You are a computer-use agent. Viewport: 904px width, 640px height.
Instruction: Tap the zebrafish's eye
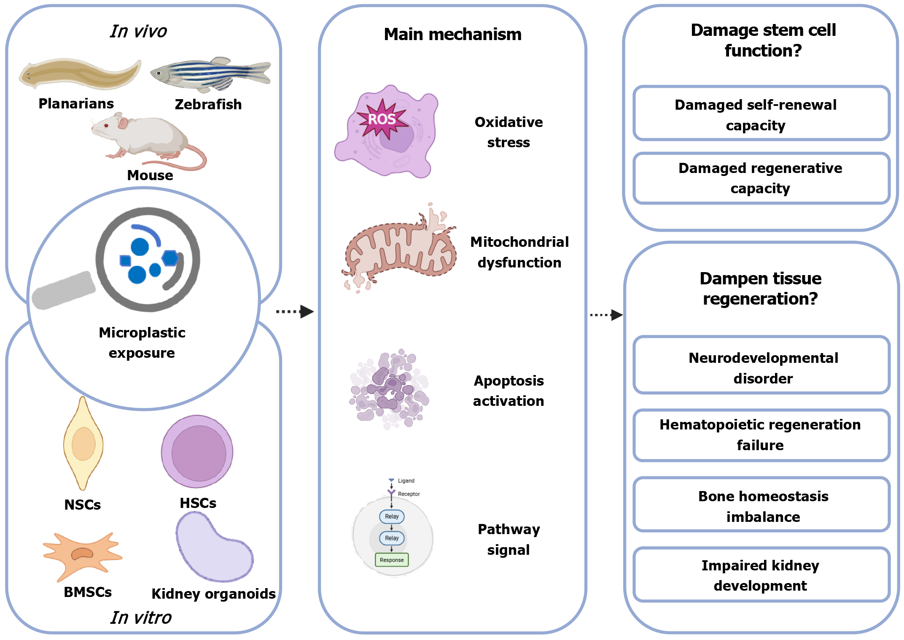click(x=159, y=73)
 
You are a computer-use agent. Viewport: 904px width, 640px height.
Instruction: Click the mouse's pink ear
click(x=123, y=123)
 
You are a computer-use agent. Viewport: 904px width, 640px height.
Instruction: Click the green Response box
click(x=392, y=560)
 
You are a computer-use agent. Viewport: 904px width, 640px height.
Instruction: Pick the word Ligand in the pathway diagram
click(x=406, y=481)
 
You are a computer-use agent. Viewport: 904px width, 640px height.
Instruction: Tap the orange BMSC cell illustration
click(x=82, y=555)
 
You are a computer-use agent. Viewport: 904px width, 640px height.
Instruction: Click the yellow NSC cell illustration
click(x=83, y=443)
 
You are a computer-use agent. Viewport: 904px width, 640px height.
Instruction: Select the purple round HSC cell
click(x=197, y=452)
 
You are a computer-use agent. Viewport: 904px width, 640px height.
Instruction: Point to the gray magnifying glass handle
click(x=64, y=291)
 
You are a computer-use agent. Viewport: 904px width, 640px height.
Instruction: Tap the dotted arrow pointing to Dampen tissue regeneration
click(x=606, y=315)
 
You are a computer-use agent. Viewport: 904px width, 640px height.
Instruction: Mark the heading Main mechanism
click(x=452, y=35)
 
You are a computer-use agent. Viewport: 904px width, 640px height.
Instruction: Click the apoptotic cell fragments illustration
click(x=389, y=389)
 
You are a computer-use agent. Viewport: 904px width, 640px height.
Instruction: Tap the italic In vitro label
click(x=141, y=618)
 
